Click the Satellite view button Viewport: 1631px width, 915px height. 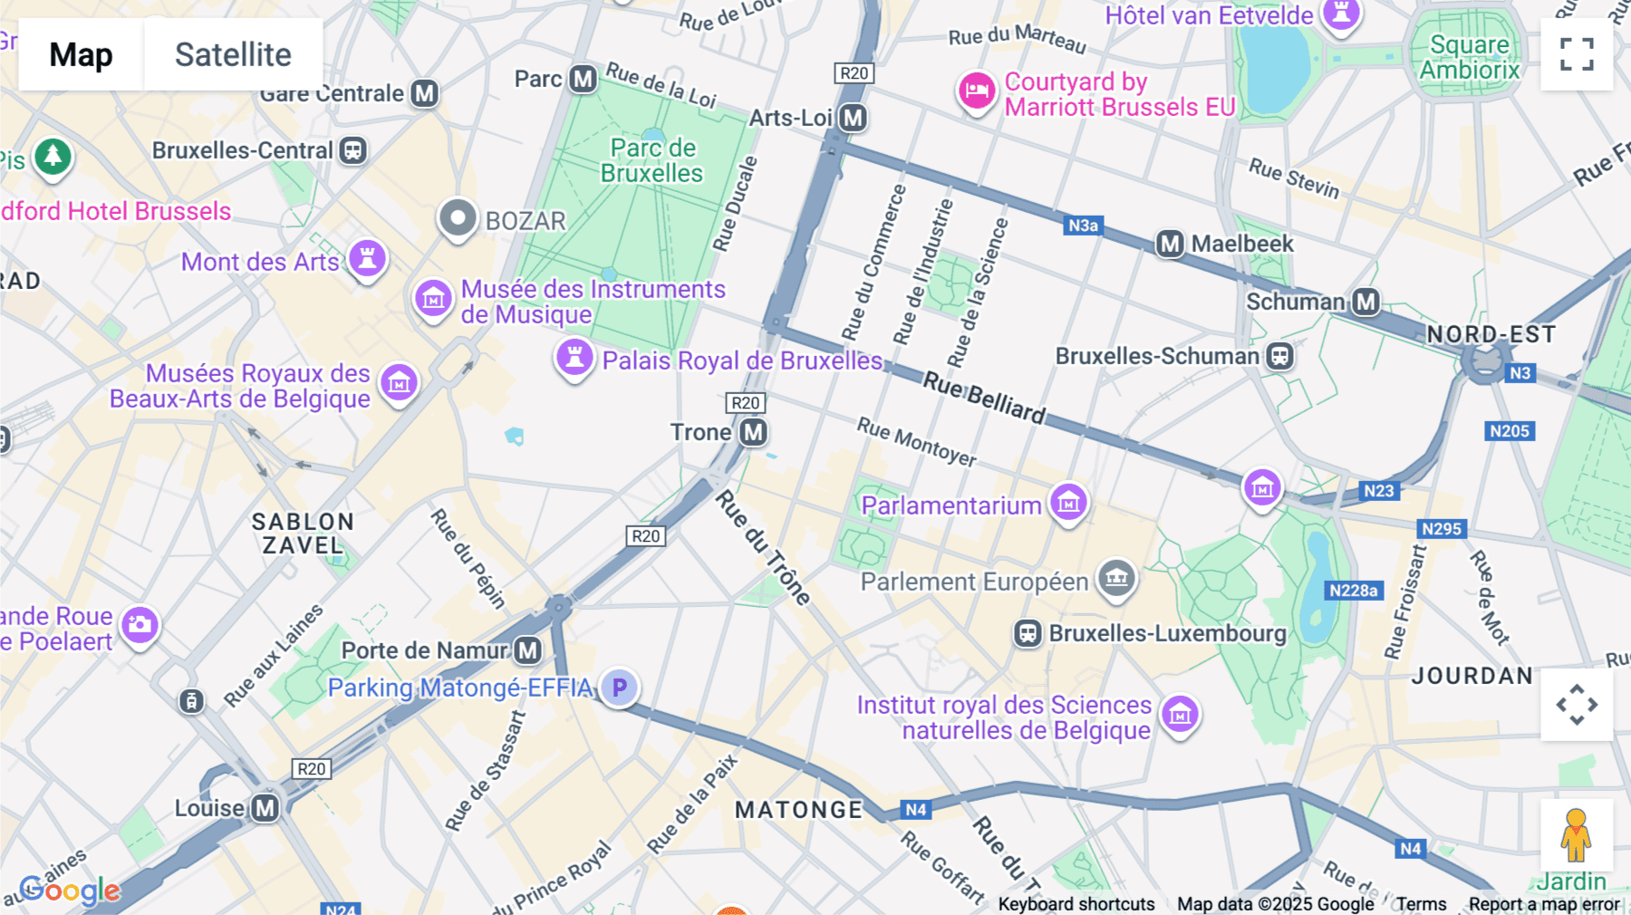[x=233, y=54]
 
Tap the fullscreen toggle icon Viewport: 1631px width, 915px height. [x=1577, y=54]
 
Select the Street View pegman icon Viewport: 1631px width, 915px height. [x=1576, y=835]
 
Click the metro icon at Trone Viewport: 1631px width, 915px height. [x=754, y=433]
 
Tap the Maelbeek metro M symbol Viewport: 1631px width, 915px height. [x=1170, y=244]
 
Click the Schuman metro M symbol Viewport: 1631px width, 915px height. [x=1366, y=302]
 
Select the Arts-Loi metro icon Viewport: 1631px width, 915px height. [x=853, y=118]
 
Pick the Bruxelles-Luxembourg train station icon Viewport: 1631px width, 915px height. [x=1028, y=633]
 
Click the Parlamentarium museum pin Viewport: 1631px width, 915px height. [x=1068, y=502]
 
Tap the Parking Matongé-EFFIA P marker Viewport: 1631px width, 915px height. [x=619, y=688]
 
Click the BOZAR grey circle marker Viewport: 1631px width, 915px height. [x=458, y=218]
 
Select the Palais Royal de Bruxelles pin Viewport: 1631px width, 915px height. [x=574, y=357]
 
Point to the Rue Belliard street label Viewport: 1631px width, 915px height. [x=984, y=398]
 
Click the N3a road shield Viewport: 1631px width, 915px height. [x=1083, y=226]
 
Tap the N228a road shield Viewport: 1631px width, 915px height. [x=1353, y=591]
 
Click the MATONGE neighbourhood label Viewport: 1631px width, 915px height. [x=798, y=810]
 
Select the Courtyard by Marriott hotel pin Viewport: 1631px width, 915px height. [x=977, y=91]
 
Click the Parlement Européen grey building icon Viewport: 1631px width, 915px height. [x=1116, y=577]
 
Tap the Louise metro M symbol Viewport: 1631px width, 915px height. [x=265, y=808]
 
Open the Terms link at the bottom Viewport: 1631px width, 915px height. [x=1421, y=904]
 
